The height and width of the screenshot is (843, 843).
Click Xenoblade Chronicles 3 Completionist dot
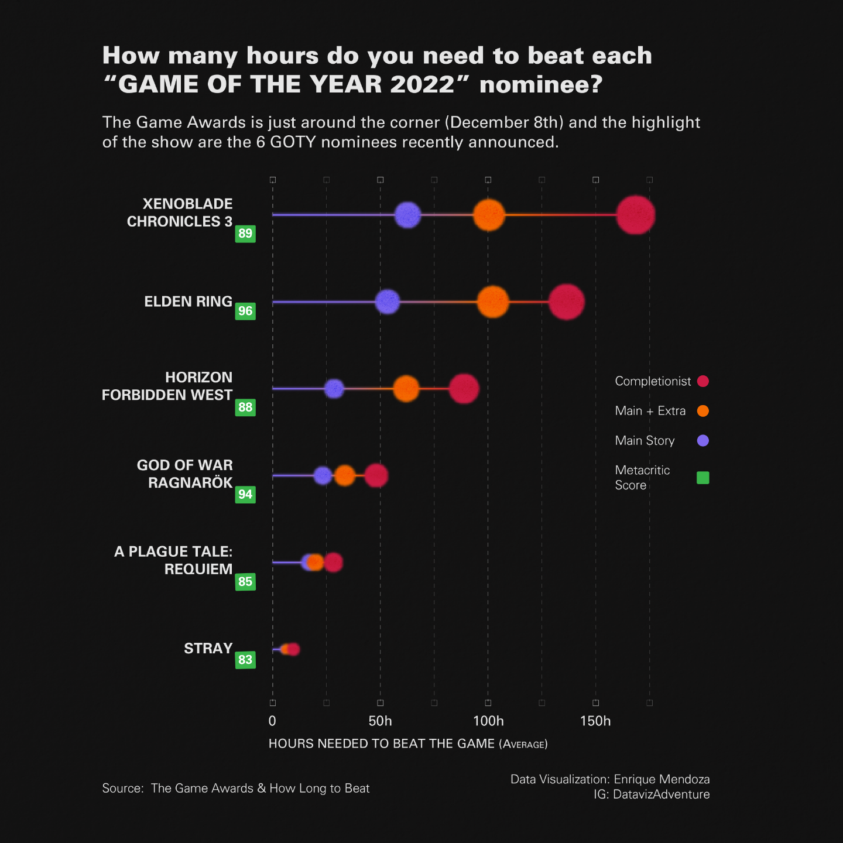point(635,215)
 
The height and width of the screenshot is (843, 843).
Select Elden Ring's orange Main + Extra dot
point(493,302)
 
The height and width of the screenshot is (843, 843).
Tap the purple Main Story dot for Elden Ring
point(388,301)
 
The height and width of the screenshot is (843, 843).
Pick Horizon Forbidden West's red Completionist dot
point(464,389)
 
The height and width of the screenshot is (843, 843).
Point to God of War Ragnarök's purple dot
point(323,475)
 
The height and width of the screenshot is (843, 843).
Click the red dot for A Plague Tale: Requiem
point(334,563)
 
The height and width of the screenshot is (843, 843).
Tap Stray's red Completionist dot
point(293,649)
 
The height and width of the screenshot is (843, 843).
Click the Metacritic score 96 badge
point(245,311)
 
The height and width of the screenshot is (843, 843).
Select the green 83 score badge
point(245,660)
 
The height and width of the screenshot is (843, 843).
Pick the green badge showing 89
point(245,234)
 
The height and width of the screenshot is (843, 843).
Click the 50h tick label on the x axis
point(380,721)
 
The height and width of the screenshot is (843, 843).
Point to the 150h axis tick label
point(595,721)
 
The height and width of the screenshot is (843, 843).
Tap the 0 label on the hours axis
point(272,721)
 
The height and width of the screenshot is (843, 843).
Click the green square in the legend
point(703,478)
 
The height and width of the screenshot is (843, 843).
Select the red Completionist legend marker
point(703,381)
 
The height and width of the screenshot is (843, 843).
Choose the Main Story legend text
point(645,441)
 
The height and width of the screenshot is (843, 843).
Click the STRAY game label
point(208,649)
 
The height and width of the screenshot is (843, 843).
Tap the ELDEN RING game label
point(189,301)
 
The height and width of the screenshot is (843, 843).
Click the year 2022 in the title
point(422,84)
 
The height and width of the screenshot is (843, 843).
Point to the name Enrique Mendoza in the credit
point(662,779)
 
